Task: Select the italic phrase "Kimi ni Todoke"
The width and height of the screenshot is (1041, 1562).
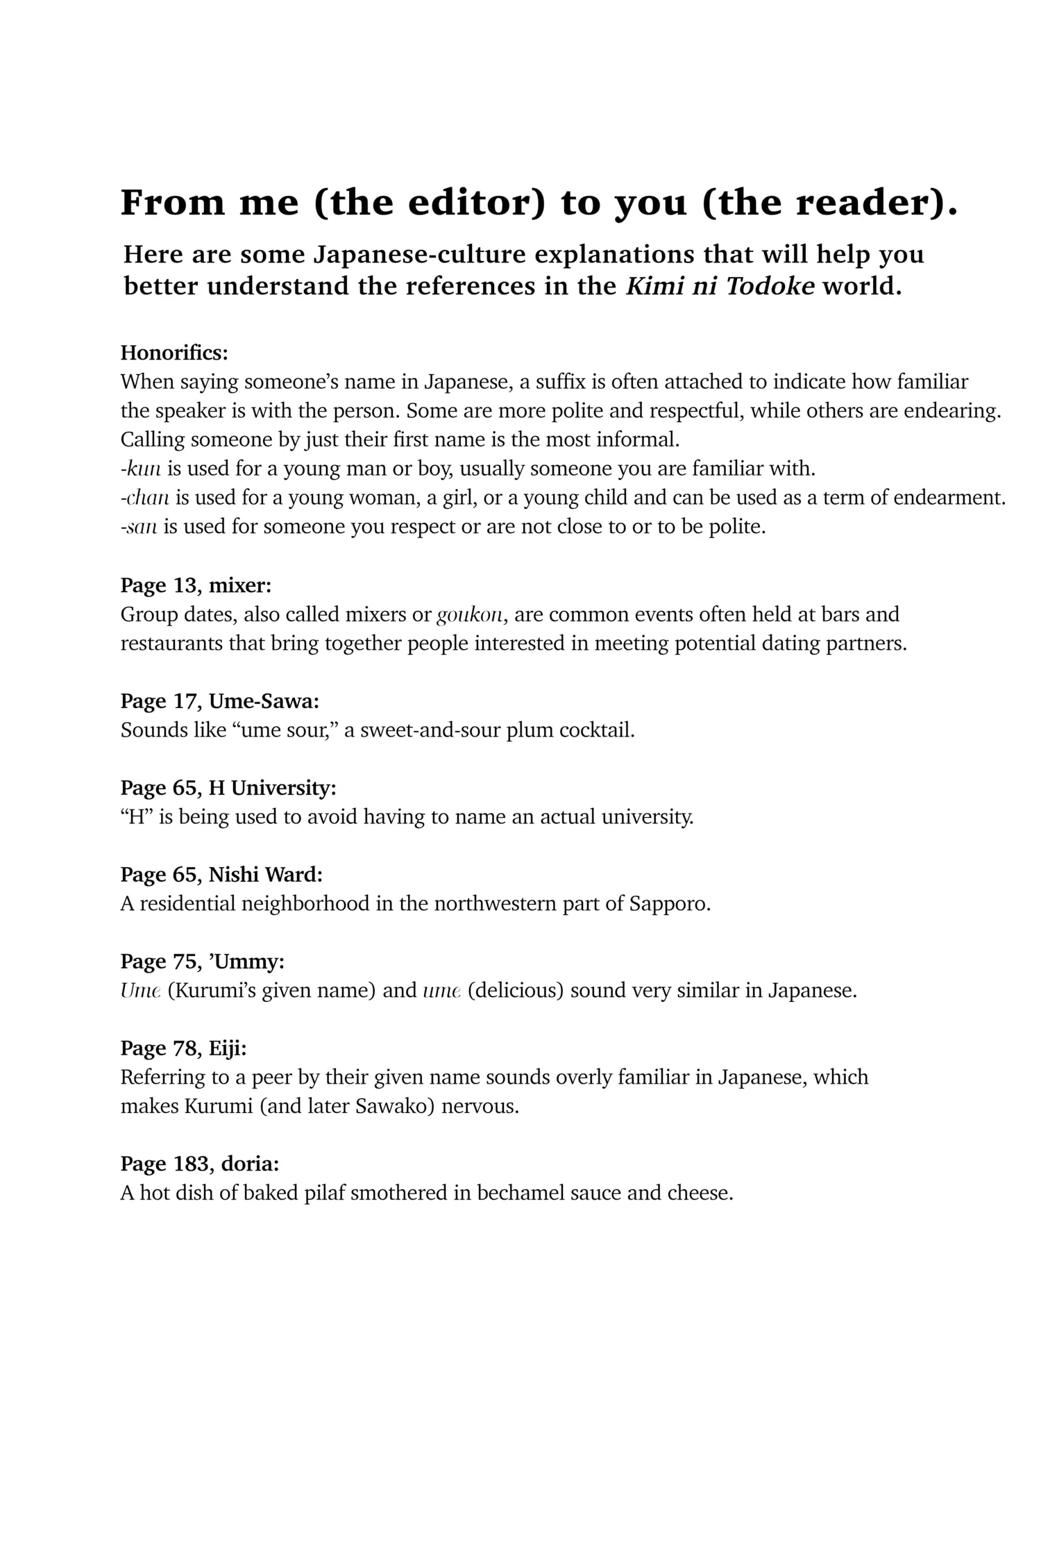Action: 720,286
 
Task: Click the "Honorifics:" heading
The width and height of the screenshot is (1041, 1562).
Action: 174,353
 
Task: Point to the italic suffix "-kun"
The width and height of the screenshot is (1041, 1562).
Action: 141,469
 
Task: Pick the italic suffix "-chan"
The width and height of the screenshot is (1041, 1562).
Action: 145,498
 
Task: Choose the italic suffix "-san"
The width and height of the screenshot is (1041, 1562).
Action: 139,527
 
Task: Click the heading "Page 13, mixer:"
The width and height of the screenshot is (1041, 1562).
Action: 196,585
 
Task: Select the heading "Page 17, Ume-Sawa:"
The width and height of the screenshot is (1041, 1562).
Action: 220,701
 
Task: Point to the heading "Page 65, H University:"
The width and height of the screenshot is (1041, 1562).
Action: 228,788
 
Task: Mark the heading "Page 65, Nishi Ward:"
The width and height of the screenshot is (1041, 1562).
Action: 221,875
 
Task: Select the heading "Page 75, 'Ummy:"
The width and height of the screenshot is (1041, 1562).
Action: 203,961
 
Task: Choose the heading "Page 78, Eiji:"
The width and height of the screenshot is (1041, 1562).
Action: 183,1048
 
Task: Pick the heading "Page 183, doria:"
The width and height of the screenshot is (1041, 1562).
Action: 200,1164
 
